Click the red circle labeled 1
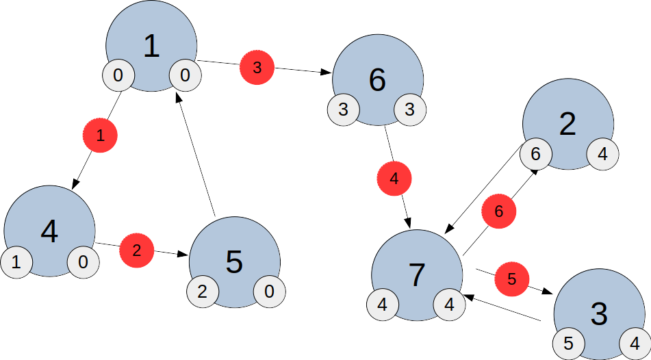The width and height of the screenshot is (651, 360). pyautogui.click(x=100, y=136)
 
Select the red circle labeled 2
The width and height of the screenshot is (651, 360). pyautogui.click(x=137, y=250)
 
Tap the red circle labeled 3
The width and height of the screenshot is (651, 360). pyautogui.click(x=257, y=68)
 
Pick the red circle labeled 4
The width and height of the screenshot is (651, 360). pyautogui.click(x=394, y=179)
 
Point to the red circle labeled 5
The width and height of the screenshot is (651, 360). pyautogui.click(x=512, y=279)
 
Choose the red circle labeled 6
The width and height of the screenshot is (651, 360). pyautogui.click(x=498, y=212)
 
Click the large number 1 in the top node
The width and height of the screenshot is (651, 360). pyautogui.click(x=151, y=46)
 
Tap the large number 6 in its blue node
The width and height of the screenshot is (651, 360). pyautogui.click(x=377, y=80)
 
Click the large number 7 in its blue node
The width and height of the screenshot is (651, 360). pyautogui.click(x=417, y=274)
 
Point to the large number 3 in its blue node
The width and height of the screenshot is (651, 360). pyautogui.click(x=599, y=314)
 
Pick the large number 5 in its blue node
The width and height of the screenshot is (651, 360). pyautogui.click(x=234, y=263)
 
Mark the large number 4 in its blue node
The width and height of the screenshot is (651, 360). pyautogui.click(x=49, y=233)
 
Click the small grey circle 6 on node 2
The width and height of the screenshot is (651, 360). pyautogui.click(x=535, y=155)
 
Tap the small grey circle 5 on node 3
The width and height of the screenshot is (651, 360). pyautogui.click(x=568, y=343)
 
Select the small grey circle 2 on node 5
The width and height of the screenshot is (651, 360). pyautogui.click(x=202, y=292)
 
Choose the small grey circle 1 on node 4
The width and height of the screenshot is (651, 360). pyautogui.click(x=16, y=261)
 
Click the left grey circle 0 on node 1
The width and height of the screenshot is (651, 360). pyautogui.click(x=118, y=75)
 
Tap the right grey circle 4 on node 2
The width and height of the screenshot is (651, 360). pyautogui.click(x=602, y=155)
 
